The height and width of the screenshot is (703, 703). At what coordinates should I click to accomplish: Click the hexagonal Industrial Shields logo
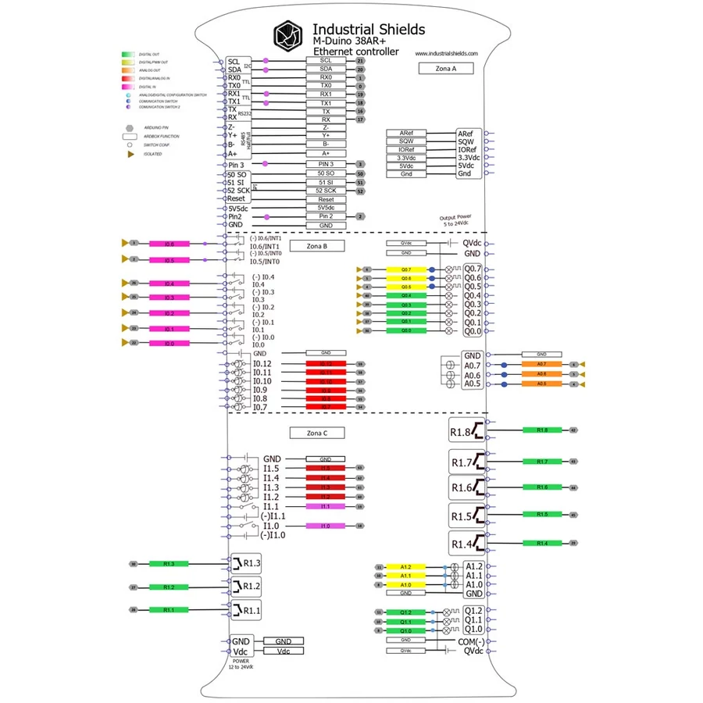click(288, 35)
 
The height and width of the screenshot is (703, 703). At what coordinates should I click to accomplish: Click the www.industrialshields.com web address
click(447, 53)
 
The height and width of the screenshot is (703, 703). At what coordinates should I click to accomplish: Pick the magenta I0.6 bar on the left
click(169, 244)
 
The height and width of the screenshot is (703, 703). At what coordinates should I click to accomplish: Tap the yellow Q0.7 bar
click(406, 269)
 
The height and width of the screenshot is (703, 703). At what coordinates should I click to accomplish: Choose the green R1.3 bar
click(169, 563)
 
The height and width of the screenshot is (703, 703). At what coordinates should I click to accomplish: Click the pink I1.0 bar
click(326, 526)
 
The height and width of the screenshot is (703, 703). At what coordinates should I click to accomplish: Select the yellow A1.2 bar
click(405, 566)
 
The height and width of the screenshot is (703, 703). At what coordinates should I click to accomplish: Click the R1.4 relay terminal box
click(467, 542)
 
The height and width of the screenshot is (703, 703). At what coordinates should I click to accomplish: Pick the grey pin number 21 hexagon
click(360, 60)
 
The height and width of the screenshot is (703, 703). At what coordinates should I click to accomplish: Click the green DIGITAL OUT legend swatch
click(129, 54)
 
